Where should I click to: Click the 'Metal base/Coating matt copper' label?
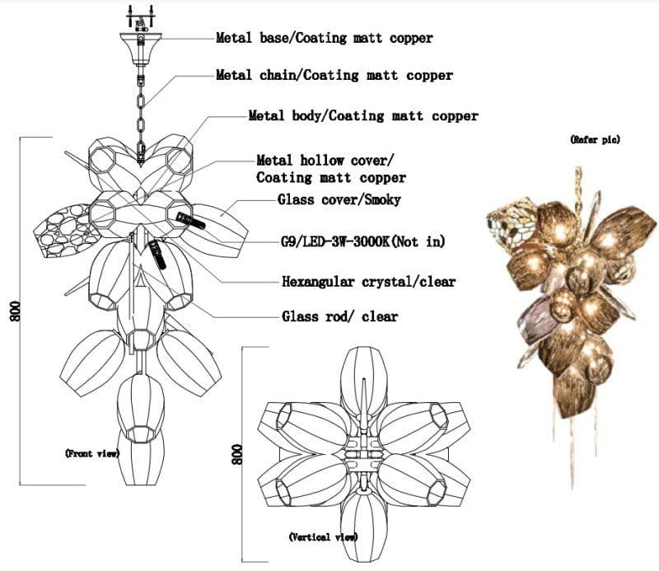click(x=324, y=38)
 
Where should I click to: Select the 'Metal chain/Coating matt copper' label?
click(x=334, y=75)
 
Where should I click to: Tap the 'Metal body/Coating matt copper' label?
click(x=363, y=115)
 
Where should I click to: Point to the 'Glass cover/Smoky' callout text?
click(x=339, y=199)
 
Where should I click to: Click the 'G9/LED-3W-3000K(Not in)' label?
click(x=362, y=241)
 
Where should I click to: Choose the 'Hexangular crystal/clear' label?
click(x=368, y=281)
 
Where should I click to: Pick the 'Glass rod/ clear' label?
click(x=339, y=316)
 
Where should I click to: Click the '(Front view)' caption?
click(x=92, y=453)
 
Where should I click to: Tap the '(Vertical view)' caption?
click(x=323, y=537)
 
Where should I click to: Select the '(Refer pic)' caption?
click(x=595, y=139)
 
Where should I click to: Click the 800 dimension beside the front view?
click(x=15, y=311)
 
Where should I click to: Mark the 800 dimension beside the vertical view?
click(x=237, y=454)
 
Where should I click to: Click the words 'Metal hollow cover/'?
click(x=325, y=160)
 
